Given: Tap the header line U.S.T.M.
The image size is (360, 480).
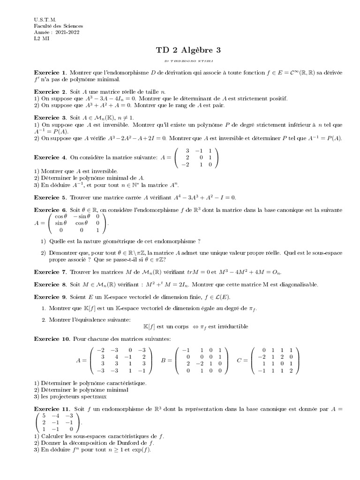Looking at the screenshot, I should click(x=45, y=20).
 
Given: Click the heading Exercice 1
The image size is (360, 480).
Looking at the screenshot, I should click(x=50, y=73).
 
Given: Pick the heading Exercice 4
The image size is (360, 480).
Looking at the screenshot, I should click(x=50, y=157).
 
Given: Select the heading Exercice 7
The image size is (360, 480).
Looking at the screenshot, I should click(x=50, y=272).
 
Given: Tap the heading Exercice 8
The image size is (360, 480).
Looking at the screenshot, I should click(x=50, y=285).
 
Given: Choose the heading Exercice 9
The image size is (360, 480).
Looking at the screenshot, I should click(x=50, y=297).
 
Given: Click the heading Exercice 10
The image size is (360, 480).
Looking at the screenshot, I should click(x=52, y=338).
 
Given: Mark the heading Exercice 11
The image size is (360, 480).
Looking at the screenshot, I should click(x=52, y=409).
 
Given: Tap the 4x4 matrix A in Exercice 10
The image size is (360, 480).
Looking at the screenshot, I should click(x=120, y=360).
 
